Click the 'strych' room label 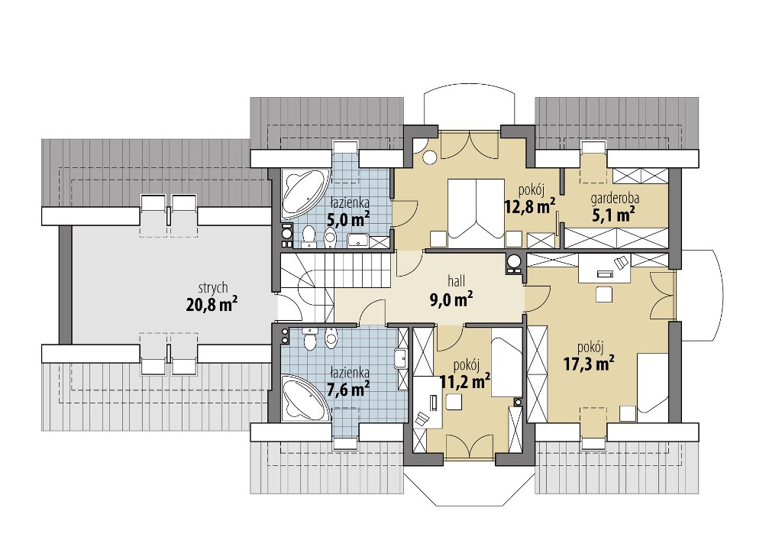click(x=213, y=288)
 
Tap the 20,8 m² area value click(x=212, y=304)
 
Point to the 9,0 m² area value click(x=451, y=299)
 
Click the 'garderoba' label click(x=615, y=199)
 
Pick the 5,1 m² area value click(x=613, y=215)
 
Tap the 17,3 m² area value click(x=589, y=364)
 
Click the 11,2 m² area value click(x=465, y=382)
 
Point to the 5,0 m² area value click(x=347, y=219)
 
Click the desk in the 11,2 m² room click(x=428, y=403)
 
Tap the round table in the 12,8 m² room click(x=429, y=157)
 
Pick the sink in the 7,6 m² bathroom click(x=400, y=358)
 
